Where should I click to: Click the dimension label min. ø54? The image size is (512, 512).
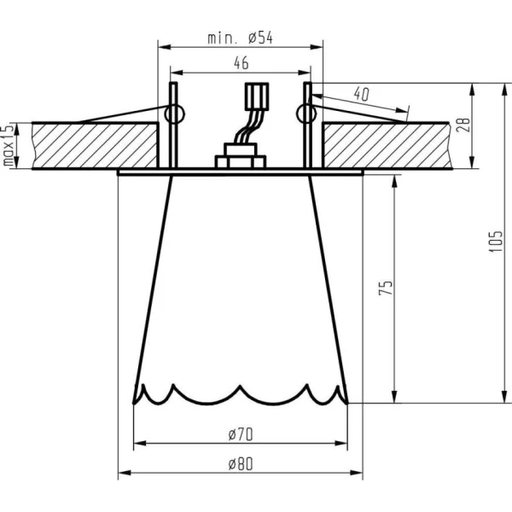pos(241,38)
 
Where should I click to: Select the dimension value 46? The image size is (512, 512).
pos(241,63)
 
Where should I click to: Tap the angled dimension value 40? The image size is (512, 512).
pos(362,94)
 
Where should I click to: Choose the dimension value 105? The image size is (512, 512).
pos(495,241)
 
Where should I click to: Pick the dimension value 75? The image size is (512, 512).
pos(386,288)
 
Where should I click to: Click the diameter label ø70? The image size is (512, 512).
pos(241,434)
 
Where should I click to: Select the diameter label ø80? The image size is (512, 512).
pos(241,464)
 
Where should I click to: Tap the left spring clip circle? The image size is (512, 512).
pos(175,114)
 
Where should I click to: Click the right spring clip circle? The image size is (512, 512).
pos(306,114)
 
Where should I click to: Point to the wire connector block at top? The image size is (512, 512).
pos(257,96)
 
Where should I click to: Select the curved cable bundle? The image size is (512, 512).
pos(248,126)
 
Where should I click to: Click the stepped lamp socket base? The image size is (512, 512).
pos(241,156)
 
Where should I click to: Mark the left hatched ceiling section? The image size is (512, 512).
pos(95,146)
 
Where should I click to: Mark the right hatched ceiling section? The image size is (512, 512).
pos(387,146)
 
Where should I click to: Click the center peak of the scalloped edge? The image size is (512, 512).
pos(240,387)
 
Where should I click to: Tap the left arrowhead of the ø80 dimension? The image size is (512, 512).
pos(125,473)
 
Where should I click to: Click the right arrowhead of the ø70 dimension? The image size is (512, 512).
pos(340,443)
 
